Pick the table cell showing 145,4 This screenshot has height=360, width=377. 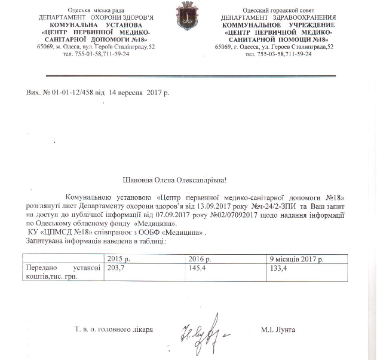(198, 269)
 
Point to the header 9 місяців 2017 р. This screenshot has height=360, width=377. (297, 259)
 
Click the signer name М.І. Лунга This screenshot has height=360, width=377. (278, 330)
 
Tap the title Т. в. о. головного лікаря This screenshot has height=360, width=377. (114, 330)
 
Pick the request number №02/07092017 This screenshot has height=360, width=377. (229, 212)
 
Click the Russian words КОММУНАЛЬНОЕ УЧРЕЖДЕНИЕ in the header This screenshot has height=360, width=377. (275, 26)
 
